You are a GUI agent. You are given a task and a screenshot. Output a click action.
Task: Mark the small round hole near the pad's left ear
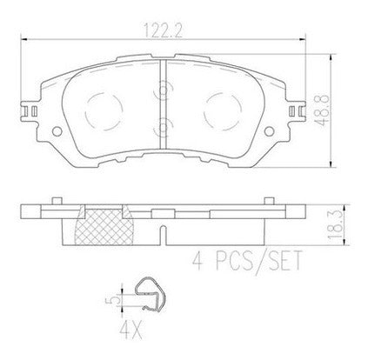(58, 132)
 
